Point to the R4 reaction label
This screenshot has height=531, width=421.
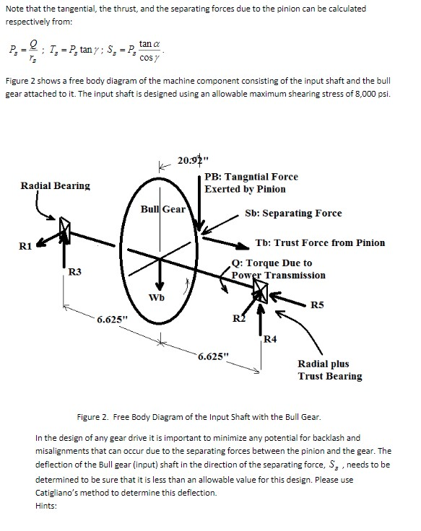click(271, 338)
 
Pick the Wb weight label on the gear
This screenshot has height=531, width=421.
click(156, 297)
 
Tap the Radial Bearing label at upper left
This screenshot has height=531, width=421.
click(56, 185)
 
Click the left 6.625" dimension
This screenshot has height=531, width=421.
click(115, 319)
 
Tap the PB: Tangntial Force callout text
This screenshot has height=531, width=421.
click(251, 177)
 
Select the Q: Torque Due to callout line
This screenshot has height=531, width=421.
click(272, 263)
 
